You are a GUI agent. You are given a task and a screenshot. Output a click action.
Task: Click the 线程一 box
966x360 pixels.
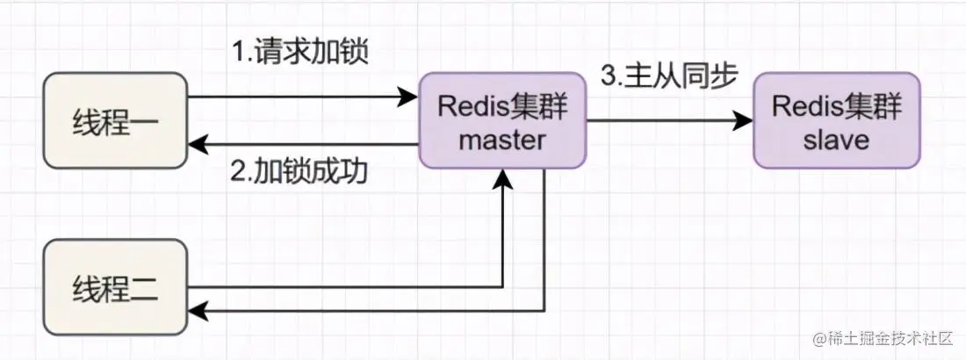(x=115, y=120)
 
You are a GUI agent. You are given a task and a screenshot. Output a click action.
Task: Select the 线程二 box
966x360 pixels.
(x=115, y=287)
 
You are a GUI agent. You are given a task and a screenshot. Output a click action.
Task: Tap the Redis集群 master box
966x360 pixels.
(x=503, y=120)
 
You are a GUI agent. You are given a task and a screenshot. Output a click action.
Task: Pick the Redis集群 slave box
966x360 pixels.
(x=836, y=120)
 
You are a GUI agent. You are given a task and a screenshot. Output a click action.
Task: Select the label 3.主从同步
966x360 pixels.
(x=670, y=76)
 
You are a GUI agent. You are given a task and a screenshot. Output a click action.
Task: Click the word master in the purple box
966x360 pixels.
(x=503, y=140)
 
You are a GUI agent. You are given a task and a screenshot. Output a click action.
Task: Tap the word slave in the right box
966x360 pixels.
(x=836, y=140)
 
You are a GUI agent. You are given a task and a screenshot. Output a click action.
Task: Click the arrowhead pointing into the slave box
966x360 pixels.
(x=745, y=120)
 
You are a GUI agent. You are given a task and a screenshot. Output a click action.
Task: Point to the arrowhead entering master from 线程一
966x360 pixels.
(x=408, y=97)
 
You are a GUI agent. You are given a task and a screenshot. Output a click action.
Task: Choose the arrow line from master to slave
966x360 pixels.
(x=667, y=120)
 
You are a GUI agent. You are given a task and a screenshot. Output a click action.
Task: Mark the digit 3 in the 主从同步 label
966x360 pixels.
(x=607, y=76)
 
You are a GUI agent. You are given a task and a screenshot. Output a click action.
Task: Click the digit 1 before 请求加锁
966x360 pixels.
(x=238, y=54)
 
